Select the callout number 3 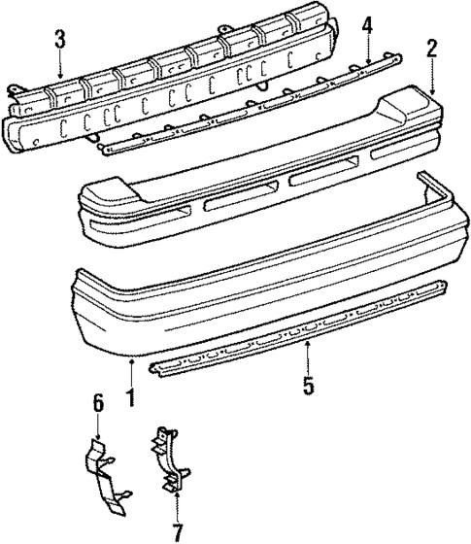[x=59, y=40]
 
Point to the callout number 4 [x=368, y=25]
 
